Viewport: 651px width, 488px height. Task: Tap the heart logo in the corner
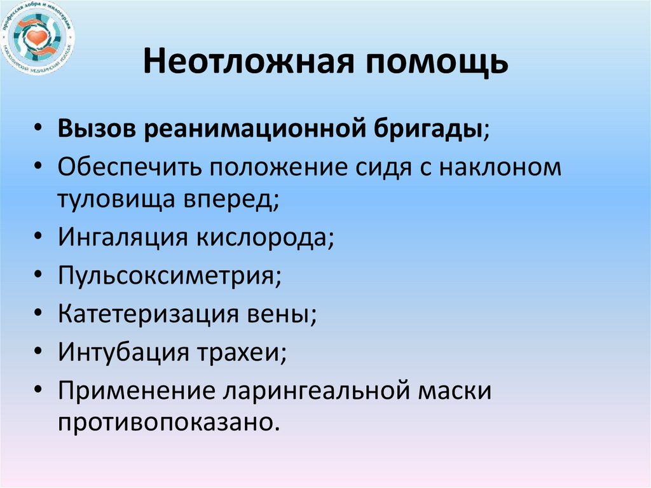coord(38,38)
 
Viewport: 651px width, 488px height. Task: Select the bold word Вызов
coord(95,130)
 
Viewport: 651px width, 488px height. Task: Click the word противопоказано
coord(168,423)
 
